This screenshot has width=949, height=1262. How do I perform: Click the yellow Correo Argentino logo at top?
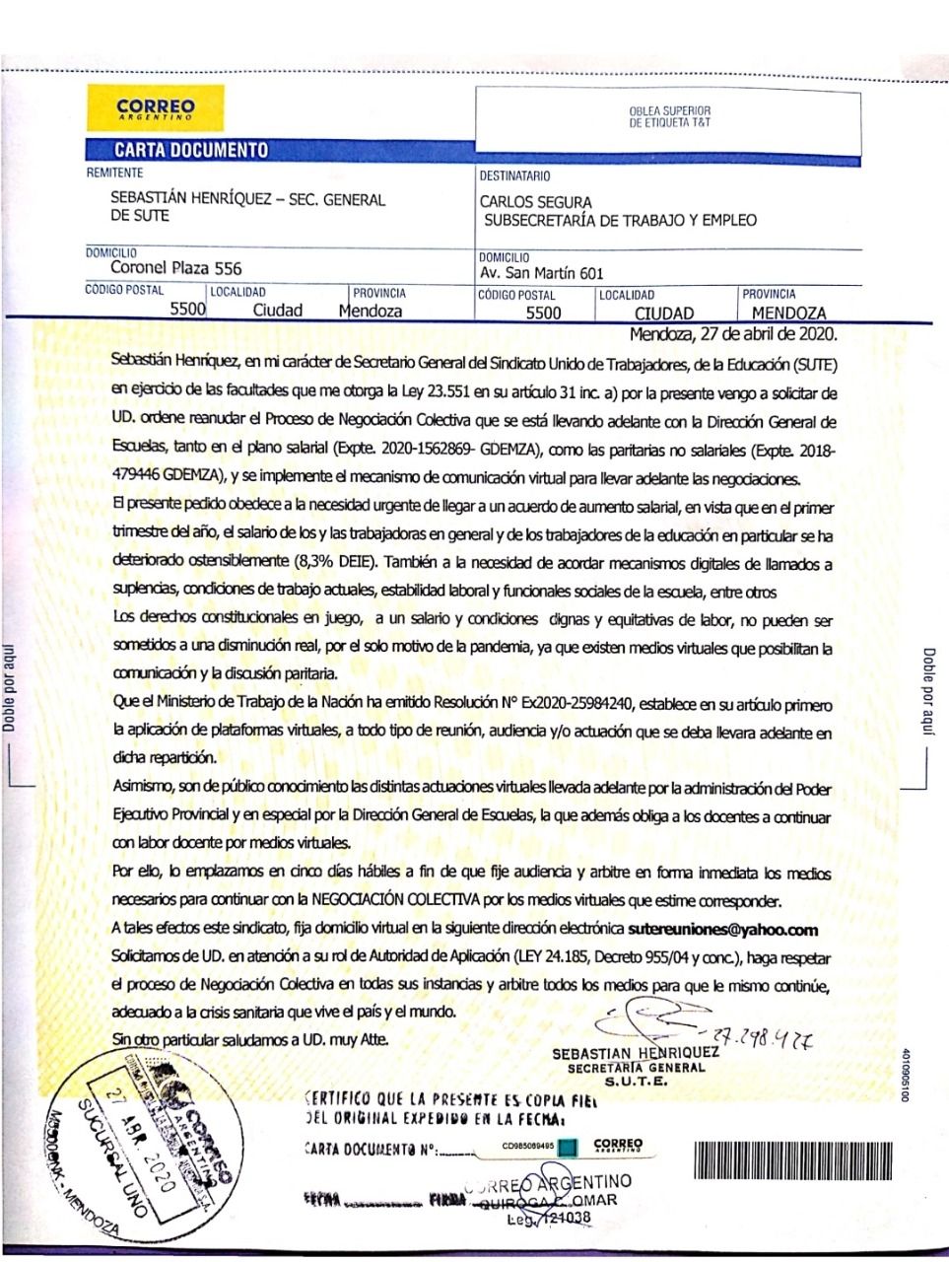(x=154, y=108)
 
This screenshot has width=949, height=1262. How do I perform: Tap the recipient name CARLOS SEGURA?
(x=536, y=202)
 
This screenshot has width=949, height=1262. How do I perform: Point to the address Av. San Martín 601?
(x=541, y=273)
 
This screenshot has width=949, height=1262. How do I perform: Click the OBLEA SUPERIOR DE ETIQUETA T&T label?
(x=669, y=116)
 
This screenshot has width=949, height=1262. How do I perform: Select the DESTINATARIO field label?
(x=514, y=176)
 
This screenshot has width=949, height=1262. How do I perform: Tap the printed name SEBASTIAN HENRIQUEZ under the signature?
(x=636, y=1053)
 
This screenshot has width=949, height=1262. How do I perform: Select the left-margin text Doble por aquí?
(x=9, y=680)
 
